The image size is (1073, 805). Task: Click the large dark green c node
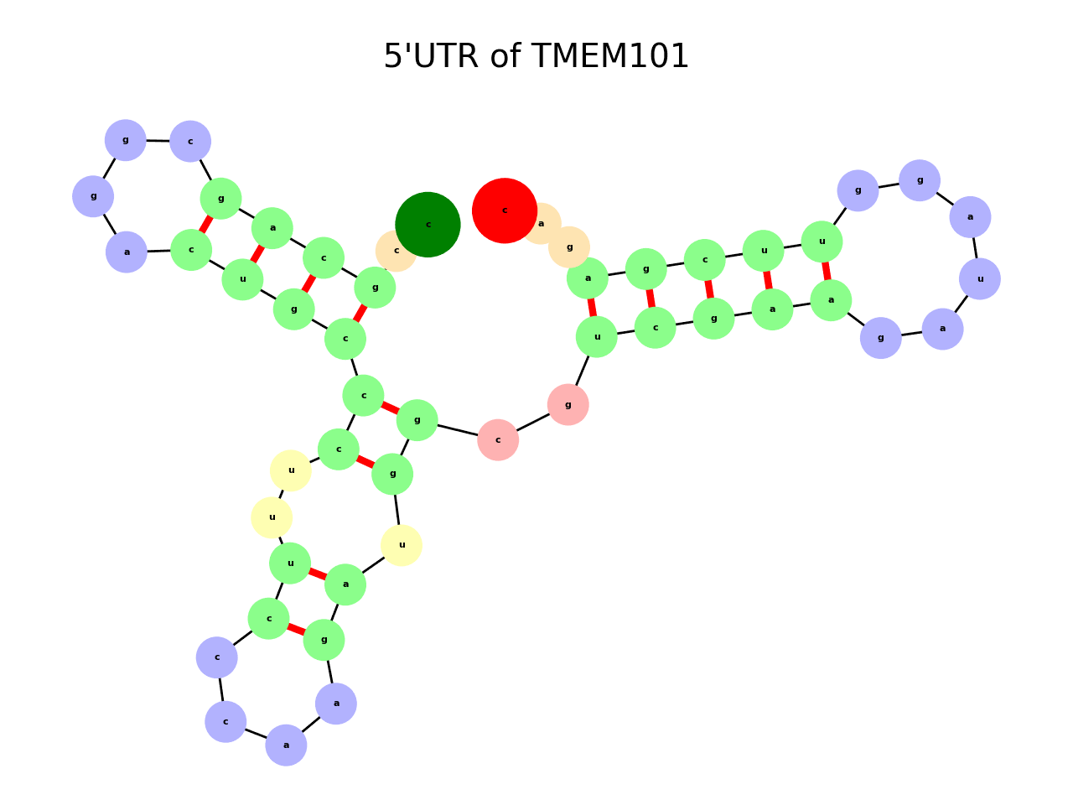(x=428, y=224)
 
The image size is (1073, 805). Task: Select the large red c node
(x=504, y=210)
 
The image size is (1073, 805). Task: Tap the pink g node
(x=568, y=405)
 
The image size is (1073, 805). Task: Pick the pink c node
(x=498, y=439)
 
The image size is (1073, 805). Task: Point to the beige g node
(x=570, y=247)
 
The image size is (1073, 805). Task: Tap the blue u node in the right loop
(x=979, y=278)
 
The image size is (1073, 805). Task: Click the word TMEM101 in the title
(x=609, y=57)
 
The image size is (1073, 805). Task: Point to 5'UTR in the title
(x=431, y=57)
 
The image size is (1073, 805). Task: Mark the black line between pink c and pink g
(x=533, y=423)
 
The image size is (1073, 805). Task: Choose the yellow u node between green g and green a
(x=402, y=545)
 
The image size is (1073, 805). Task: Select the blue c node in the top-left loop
(x=190, y=141)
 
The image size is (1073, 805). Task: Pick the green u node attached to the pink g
(x=596, y=337)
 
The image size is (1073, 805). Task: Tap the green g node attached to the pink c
(x=417, y=420)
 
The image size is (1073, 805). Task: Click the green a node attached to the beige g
(x=588, y=278)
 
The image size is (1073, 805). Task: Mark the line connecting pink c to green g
(x=458, y=430)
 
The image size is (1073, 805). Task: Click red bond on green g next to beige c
(x=360, y=313)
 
